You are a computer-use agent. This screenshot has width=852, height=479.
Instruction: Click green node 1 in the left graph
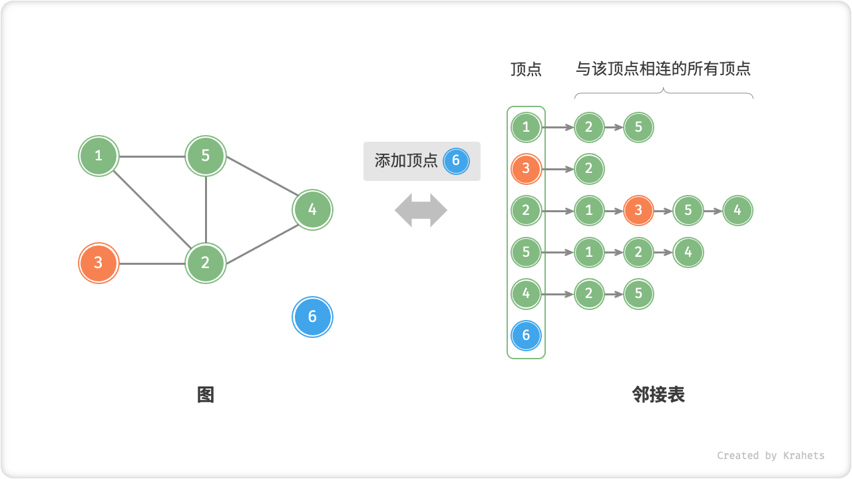point(99,156)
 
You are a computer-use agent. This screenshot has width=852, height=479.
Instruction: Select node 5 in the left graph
point(206,156)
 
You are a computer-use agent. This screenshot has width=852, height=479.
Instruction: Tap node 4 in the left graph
point(312,210)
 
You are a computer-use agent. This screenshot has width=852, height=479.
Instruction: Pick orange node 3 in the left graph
point(99,263)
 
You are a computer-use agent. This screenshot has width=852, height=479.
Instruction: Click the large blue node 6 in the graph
point(312,317)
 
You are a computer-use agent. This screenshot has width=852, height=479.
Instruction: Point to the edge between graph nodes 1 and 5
point(152,157)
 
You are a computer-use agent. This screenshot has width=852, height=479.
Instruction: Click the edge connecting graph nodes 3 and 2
point(152,263)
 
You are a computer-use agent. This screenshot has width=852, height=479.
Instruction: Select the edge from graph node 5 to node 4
point(260,183)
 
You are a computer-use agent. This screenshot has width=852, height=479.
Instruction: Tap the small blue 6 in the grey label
point(456,160)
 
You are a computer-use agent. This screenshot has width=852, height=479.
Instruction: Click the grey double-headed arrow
point(421,210)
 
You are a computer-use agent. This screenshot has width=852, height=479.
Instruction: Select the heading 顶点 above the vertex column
point(526,69)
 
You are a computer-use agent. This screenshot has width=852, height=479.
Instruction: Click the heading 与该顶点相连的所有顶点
point(663,69)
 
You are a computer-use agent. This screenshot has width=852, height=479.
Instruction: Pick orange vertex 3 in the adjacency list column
point(526,169)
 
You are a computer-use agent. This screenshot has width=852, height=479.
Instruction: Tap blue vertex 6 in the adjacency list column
point(526,335)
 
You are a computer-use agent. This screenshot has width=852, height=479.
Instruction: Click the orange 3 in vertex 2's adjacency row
point(638,211)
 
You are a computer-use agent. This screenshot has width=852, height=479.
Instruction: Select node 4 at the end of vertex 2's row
point(738,211)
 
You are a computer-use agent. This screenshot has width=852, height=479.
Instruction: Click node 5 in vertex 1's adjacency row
point(638,127)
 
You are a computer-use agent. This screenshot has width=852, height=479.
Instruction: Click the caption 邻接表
point(658,395)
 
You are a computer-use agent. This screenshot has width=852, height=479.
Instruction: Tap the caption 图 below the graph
point(206,395)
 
